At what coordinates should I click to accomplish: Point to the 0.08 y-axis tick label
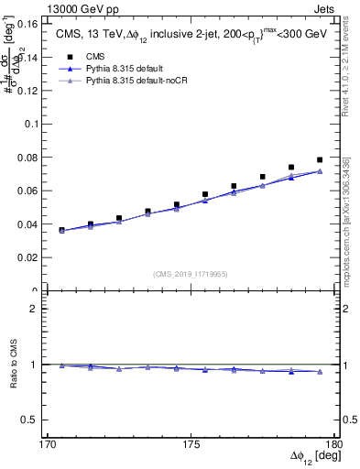(x=35, y=158)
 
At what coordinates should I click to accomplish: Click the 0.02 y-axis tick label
(x=35, y=257)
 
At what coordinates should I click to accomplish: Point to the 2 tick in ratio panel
(x=41, y=309)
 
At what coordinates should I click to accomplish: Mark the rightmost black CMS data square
(x=320, y=160)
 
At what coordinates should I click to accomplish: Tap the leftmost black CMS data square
(x=62, y=230)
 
